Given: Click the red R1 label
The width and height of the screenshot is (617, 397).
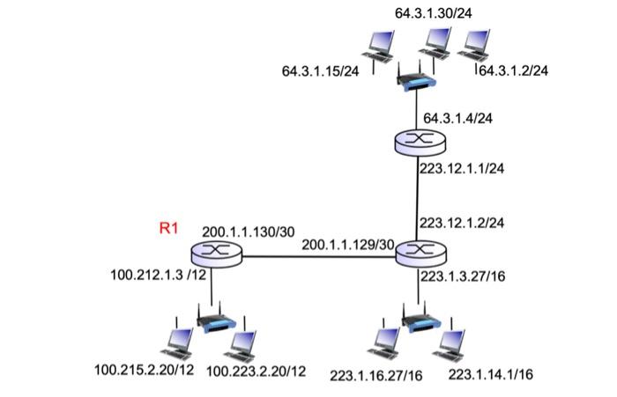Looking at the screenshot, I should tap(168, 229).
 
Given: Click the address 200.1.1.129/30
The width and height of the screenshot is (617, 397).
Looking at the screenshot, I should tap(348, 244).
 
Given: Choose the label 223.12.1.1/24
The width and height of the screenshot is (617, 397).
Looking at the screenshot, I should tap(461, 169).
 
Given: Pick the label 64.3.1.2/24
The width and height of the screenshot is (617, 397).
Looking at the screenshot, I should tap(513, 70).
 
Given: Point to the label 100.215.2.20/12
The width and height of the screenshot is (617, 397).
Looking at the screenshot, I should tap(144, 369).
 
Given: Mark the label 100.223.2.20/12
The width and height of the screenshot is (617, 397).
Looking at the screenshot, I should tap(256, 371).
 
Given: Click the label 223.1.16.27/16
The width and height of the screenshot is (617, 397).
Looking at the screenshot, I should tap(376, 376).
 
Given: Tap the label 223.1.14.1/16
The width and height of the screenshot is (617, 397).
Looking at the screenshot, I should tap(491, 374).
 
